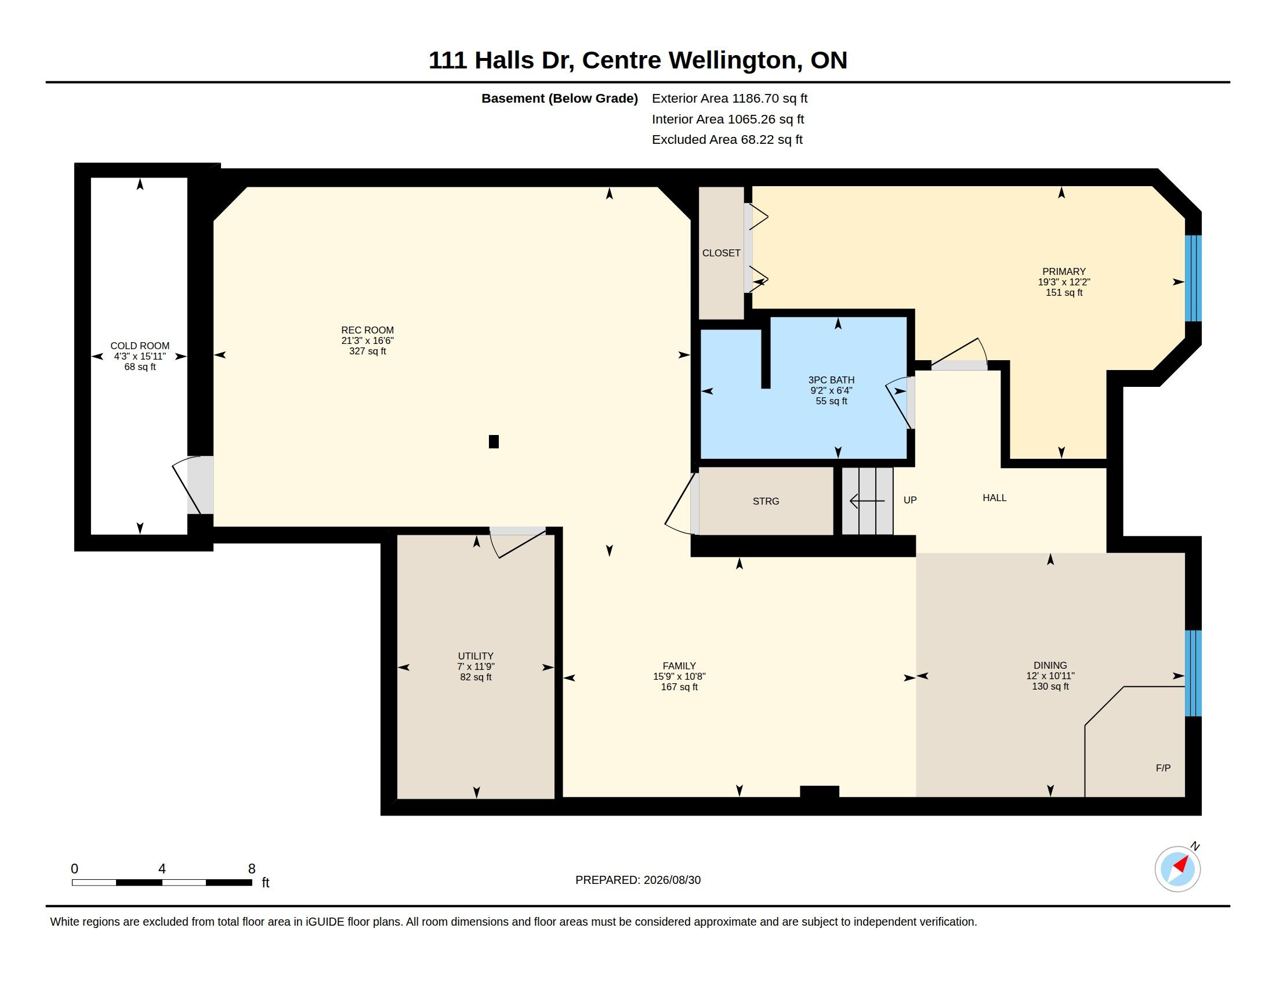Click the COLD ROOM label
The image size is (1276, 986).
(x=140, y=346)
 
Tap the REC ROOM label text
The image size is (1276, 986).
(x=368, y=330)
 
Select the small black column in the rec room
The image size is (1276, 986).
(x=494, y=441)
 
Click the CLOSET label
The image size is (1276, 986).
(x=721, y=253)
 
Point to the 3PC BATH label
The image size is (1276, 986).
(x=831, y=380)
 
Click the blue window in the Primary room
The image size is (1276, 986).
(x=1192, y=278)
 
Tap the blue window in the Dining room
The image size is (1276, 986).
(x=1192, y=673)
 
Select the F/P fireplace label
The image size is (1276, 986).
(x=1163, y=768)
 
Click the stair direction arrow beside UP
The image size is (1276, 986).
(x=867, y=501)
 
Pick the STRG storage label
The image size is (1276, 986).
(x=766, y=501)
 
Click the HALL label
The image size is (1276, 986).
(x=994, y=498)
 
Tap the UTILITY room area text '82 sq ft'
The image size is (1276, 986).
(x=476, y=677)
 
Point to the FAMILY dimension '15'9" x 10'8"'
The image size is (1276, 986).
(x=679, y=676)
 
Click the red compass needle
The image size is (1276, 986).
(x=1181, y=864)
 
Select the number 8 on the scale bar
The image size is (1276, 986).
(x=252, y=869)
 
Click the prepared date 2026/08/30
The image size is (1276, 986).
(x=672, y=880)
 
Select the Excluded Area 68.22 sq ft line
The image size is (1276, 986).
(x=727, y=140)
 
